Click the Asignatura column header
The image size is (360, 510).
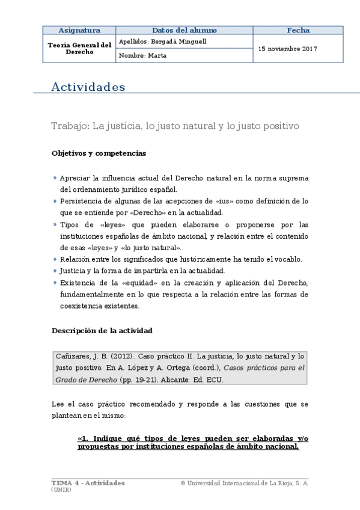pyautogui.click(x=79, y=30)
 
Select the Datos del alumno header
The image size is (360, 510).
pyautogui.click(x=184, y=30)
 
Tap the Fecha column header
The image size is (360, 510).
pyautogui.click(x=298, y=30)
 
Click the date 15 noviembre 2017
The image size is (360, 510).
pyautogui.click(x=288, y=49)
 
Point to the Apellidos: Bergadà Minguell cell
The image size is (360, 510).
pyautogui.click(x=163, y=41)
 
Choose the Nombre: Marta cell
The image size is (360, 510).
pyautogui.click(x=143, y=55)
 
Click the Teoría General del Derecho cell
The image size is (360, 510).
pyautogui.click(x=79, y=48)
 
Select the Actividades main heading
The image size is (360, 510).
pyautogui.click(x=88, y=87)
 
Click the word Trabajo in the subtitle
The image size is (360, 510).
pyautogui.click(x=69, y=126)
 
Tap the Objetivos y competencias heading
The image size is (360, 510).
pyautogui.click(x=99, y=153)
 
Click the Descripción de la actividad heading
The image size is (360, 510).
pyautogui.click(x=102, y=331)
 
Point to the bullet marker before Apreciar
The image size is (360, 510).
pyautogui.click(x=55, y=178)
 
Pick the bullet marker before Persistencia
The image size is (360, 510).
pyautogui.click(x=55, y=201)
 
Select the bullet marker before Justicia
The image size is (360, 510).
pyautogui.click(x=55, y=271)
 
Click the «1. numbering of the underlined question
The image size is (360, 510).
pyautogui.click(x=83, y=438)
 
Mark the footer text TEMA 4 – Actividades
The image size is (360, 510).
pyautogui.click(x=88, y=483)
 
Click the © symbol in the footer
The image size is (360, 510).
pyautogui.click(x=182, y=484)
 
